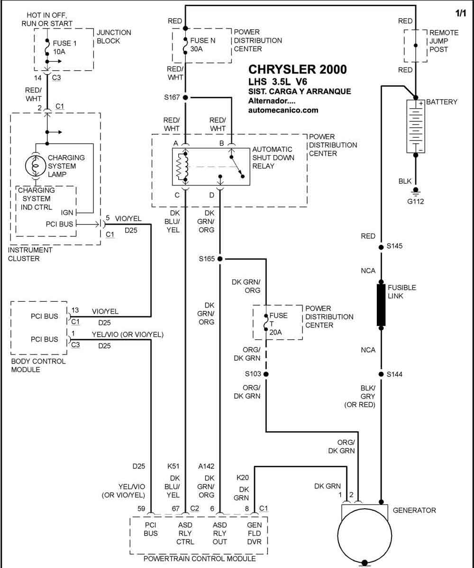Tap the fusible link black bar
click(x=381, y=305)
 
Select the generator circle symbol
click(x=365, y=535)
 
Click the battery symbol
click(x=415, y=126)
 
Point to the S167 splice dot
click(x=185, y=97)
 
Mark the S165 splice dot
click(x=219, y=259)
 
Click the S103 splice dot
click(x=266, y=374)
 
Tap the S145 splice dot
click(x=381, y=247)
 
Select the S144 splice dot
click(x=381, y=374)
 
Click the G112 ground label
click(x=415, y=201)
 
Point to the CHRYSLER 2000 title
click(x=297, y=69)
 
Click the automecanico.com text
click(x=283, y=110)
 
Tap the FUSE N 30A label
click(x=202, y=45)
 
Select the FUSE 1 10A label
click(x=65, y=47)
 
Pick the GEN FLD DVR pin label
click(x=255, y=533)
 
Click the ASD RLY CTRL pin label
click(x=185, y=533)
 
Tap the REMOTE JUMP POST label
click(x=444, y=41)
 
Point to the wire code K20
click(x=242, y=478)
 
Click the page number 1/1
click(x=461, y=13)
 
